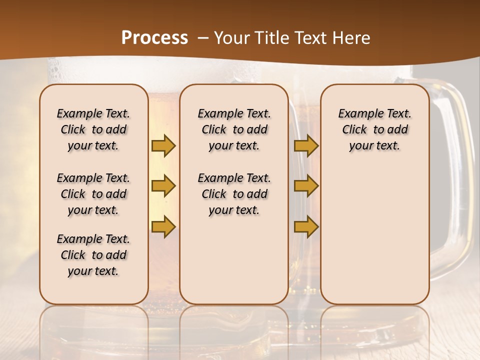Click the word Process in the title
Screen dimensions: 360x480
(x=154, y=38)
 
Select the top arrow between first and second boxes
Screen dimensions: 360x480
(x=163, y=145)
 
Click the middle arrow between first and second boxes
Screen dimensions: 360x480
(x=163, y=186)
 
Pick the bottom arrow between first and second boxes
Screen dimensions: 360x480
(x=163, y=226)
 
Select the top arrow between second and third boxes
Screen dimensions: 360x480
(x=306, y=145)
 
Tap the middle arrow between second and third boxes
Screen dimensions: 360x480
(x=306, y=186)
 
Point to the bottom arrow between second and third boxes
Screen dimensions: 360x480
(x=306, y=226)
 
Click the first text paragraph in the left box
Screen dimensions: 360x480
(x=93, y=129)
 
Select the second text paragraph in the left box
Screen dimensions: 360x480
(x=93, y=194)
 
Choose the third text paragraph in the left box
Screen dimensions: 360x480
(x=93, y=255)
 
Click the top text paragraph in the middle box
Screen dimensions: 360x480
(x=234, y=129)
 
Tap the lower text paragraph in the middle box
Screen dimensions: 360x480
(x=234, y=194)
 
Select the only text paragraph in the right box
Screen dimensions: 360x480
(x=374, y=129)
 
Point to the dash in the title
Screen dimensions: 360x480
(x=203, y=38)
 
